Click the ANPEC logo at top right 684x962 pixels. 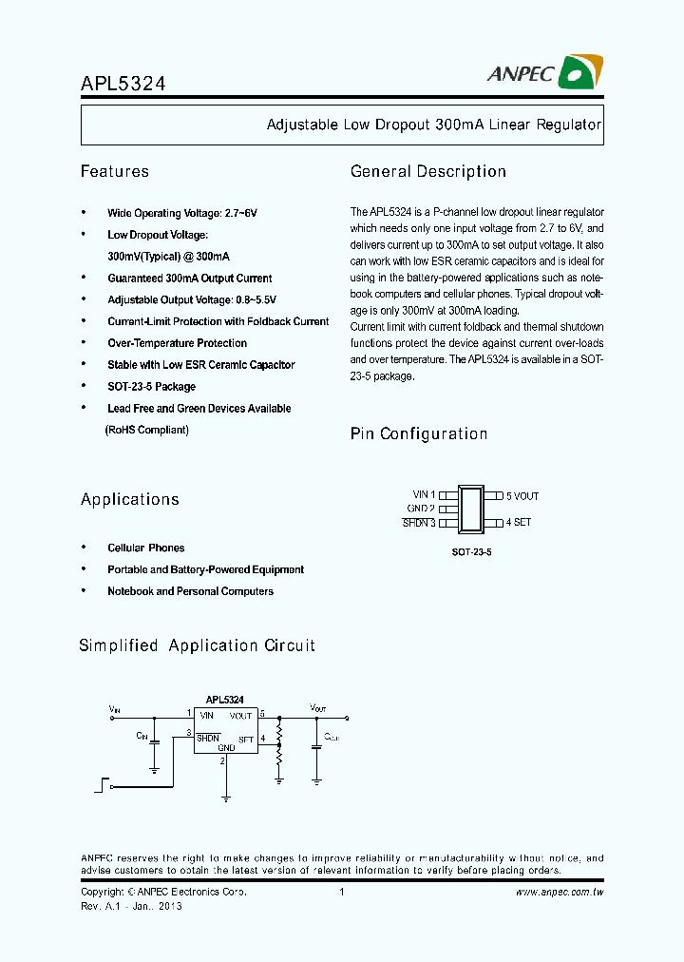pos(546,73)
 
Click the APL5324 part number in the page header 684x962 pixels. pos(123,83)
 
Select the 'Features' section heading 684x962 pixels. pos(115,172)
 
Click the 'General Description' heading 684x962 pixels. pos(428,172)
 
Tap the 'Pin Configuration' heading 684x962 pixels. pos(419,434)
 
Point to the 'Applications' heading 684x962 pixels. pos(130,500)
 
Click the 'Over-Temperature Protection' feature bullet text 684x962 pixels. pos(177,343)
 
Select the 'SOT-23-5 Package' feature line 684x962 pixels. pos(151,387)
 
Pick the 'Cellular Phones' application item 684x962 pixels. pos(146,548)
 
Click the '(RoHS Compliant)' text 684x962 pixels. pos(146,431)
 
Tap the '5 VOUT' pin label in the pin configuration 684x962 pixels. pos(522,496)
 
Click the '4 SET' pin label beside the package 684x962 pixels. pos(518,523)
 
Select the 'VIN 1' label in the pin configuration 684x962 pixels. pos(424,495)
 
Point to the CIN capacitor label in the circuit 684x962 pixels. pos(142,735)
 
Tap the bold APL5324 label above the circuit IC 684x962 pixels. pos(225,700)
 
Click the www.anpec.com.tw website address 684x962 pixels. pos(560,893)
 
